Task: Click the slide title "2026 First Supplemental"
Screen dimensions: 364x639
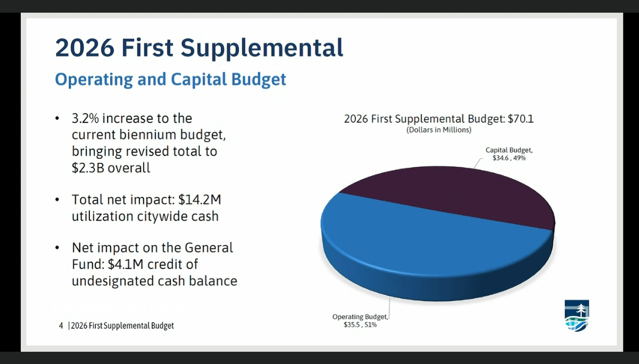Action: [199, 48]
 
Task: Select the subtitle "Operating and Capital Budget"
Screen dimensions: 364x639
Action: [170, 79]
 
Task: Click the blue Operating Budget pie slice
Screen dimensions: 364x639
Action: [415, 250]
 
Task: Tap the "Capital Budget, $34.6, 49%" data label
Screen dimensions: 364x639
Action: [509, 154]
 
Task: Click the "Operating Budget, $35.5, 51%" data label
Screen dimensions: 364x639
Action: [361, 320]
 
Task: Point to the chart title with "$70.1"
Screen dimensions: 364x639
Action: [438, 119]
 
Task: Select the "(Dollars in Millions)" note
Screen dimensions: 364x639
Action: [438, 130]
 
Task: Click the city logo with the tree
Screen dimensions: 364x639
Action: [577, 315]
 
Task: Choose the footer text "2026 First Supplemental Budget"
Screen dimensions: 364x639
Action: [122, 326]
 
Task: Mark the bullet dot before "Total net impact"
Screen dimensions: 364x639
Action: [58, 200]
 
